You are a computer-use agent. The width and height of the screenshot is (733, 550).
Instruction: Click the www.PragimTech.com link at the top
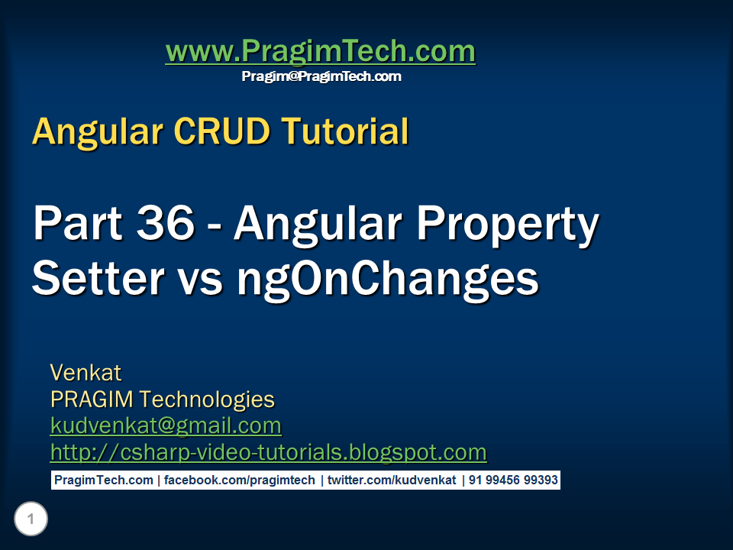(x=321, y=51)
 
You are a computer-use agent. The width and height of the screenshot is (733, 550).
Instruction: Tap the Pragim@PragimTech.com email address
(x=321, y=76)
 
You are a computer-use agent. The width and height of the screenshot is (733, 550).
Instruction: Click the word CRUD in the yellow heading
(x=222, y=131)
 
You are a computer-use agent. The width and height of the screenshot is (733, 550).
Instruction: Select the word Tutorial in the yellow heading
(x=345, y=131)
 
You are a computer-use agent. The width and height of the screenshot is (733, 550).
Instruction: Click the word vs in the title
(x=200, y=283)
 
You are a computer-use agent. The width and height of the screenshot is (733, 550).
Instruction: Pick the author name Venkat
(x=86, y=373)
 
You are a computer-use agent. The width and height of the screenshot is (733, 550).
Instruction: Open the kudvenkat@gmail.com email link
(x=166, y=426)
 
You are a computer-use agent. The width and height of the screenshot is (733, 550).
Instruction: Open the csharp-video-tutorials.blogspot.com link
(x=268, y=453)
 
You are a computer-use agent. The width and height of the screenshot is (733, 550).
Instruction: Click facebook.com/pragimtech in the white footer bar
(x=239, y=480)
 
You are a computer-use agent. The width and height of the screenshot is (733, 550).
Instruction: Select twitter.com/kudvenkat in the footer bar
(x=392, y=480)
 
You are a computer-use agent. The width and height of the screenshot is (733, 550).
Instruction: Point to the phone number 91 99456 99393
(x=513, y=480)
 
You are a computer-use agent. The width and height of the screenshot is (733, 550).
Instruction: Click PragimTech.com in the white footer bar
(x=104, y=480)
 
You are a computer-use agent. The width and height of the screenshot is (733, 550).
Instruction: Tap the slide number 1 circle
(x=31, y=519)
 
